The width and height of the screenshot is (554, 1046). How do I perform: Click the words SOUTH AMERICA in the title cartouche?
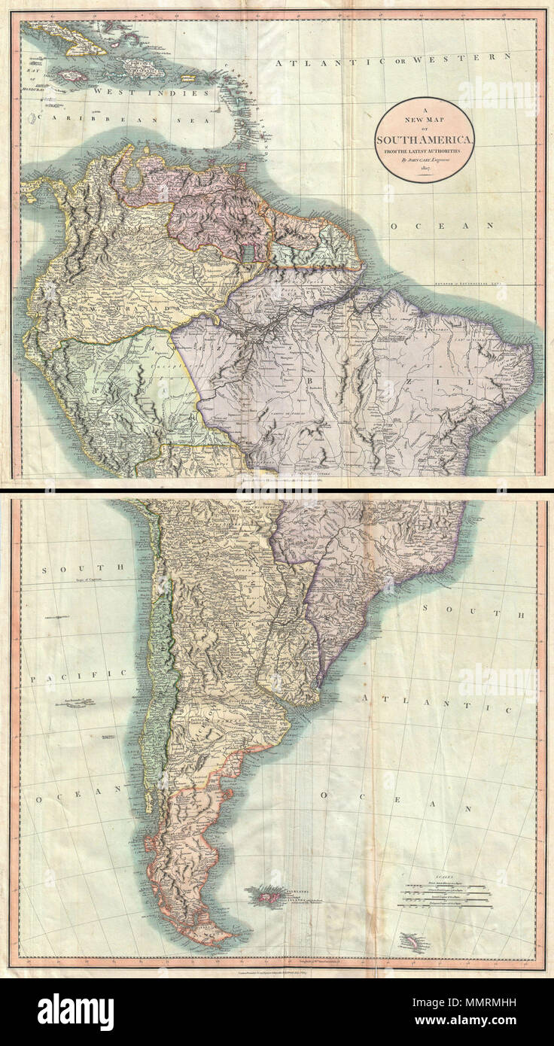click(425, 141)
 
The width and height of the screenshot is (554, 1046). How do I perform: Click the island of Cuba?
click(75, 41)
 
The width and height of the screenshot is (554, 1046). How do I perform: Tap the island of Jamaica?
click(73, 76)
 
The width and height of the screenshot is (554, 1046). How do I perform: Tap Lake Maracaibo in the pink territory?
click(132, 178)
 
